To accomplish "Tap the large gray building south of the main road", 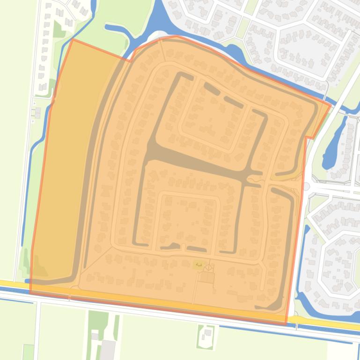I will [x=108, y=350].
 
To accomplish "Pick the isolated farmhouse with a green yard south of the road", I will [x=206, y=335].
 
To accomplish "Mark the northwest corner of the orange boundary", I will [x=73, y=40].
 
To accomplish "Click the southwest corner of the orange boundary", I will [x=30, y=293].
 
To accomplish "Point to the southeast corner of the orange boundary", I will [x=286, y=324].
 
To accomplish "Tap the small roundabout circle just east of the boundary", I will [x=306, y=187].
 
